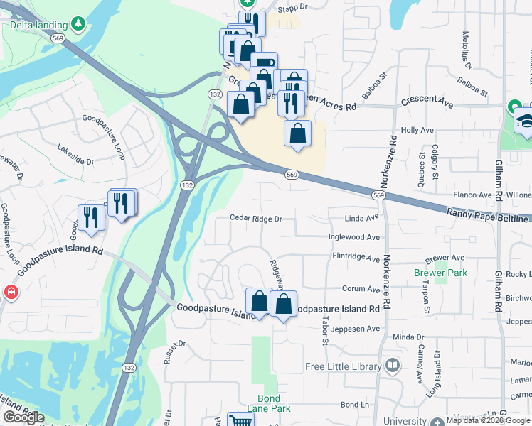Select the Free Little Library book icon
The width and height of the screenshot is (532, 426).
tap(392, 366)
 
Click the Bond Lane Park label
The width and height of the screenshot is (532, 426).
tap(269, 403)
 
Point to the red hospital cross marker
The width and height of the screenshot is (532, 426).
tap(11, 292)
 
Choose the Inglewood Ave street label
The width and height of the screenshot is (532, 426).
tap(353, 237)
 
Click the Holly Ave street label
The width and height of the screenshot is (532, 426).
tap(417, 131)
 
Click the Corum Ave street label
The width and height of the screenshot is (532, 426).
tap(361, 289)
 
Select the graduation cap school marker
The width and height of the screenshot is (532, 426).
tap(524, 120)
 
